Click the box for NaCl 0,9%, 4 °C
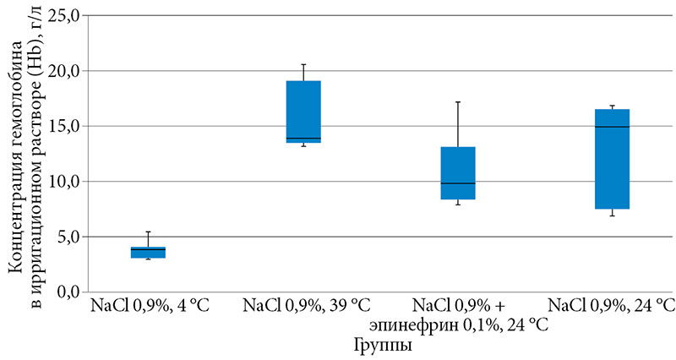pyautogui.click(x=147, y=252)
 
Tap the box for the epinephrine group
pyautogui.click(x=457, y=172)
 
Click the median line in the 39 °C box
pyautogui.click(x=303, y=138)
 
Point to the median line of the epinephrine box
pyautogui.click(x=457, y=183)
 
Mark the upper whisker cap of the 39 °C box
pyautogui.click(x=303, y=64)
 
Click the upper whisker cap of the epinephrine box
pyautogui.click(x=457, y=102)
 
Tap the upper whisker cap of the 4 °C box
pyautogui.click(x=147, y=232)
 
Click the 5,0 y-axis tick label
pyautogui.click(x=66, y=237)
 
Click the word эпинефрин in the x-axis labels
pyautogui.click(x=401, y=325)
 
